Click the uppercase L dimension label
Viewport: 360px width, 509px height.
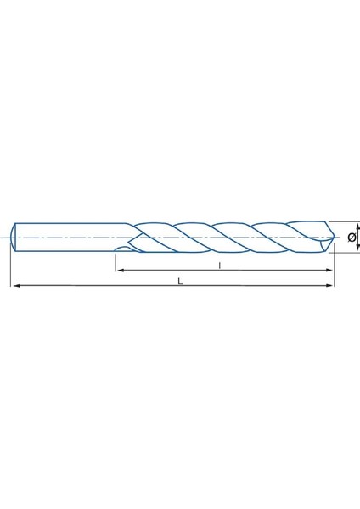pos(180,281)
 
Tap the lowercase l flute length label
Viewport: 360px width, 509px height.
pos(219,264)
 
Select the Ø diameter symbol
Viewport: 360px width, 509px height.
pos(351,238)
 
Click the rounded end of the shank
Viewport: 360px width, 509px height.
pos(15,238)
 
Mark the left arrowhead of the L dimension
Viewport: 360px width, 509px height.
pos(14,288)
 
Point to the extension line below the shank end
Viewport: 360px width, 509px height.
pos(11,271)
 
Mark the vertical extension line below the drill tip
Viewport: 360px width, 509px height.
pos(333,271)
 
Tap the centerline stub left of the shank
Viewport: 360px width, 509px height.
pos(7,238)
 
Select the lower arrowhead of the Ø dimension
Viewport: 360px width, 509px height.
pos(357,249)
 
